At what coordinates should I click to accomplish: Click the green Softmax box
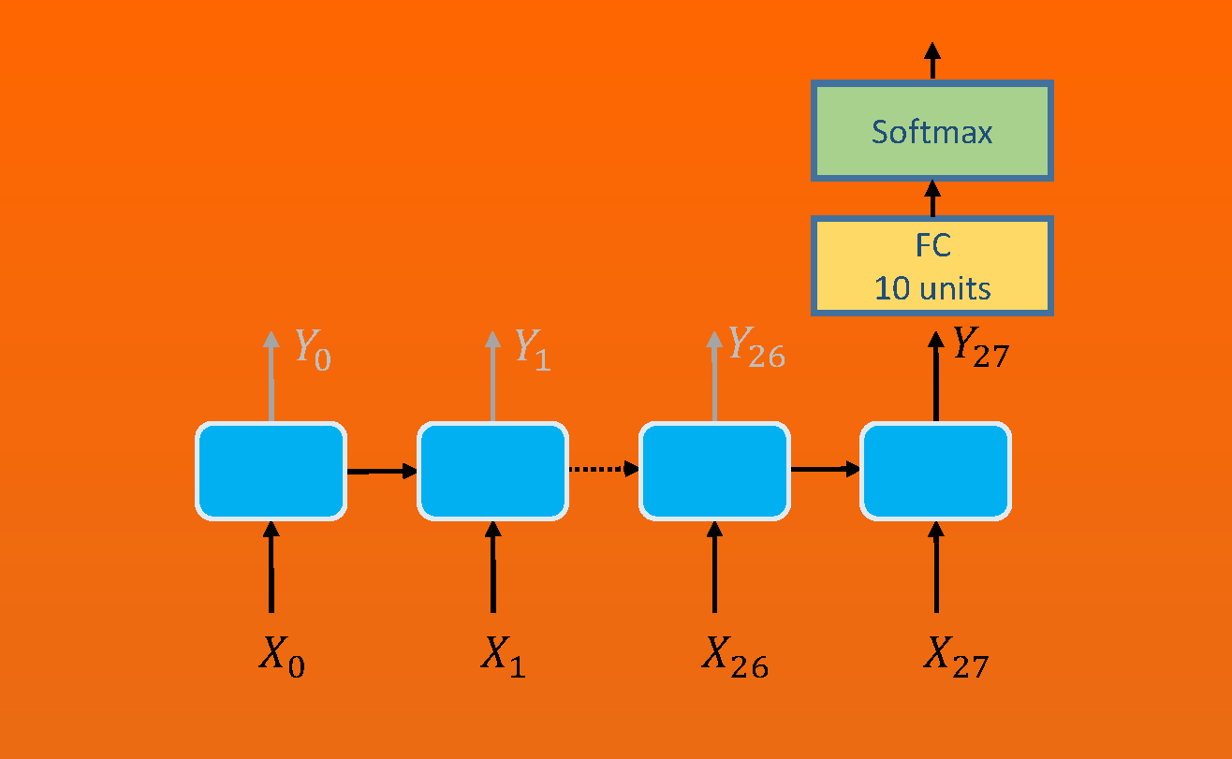[932, 131]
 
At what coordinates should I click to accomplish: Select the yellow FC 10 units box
[932, 267]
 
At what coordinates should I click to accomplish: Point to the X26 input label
[735, 657]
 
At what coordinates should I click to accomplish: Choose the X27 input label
[956, 657]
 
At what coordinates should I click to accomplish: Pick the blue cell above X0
[271, 471]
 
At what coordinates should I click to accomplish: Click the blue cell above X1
[492, 471]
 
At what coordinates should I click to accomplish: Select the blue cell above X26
[714, 471]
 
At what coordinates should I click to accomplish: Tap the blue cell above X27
[935, 471]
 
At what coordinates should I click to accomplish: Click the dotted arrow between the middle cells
[603, 470]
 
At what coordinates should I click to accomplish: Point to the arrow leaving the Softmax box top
[932, 61]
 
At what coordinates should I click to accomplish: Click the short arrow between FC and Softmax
[932, 198]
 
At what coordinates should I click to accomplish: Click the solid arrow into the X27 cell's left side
[825, 469]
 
